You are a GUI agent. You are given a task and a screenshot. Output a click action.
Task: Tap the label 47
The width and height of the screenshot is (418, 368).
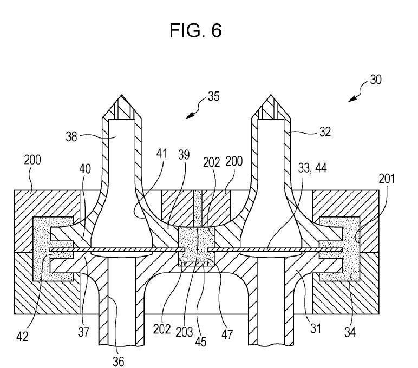tap(227, 334)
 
